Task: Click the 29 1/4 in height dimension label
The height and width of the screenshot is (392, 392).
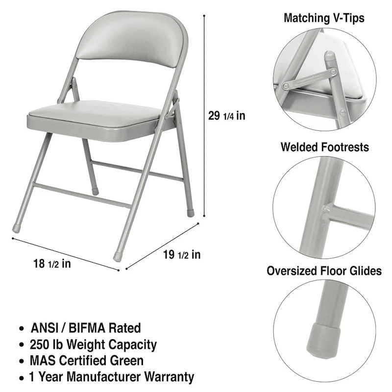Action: [227, 116]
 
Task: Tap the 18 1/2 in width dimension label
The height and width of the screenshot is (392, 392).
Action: [51, 264]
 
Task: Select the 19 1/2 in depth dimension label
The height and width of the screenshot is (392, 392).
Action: [182, 254]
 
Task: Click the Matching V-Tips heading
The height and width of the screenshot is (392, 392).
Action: [324, 19]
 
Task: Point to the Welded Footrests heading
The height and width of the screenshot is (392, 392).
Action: [325, 147]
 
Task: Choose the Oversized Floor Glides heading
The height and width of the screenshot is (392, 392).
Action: [324, 271]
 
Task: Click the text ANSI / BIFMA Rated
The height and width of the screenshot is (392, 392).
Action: [86, 328]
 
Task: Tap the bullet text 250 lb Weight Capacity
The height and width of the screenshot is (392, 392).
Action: [94, 344]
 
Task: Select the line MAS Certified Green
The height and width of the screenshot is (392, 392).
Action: [87, 361]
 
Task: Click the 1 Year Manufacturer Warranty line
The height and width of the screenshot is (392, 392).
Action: [112, 377]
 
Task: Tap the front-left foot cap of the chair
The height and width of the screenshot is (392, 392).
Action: [17, 228]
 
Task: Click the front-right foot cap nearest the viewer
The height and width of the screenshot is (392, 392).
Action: [118, 256]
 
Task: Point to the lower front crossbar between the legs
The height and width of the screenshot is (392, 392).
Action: [76, 196]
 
